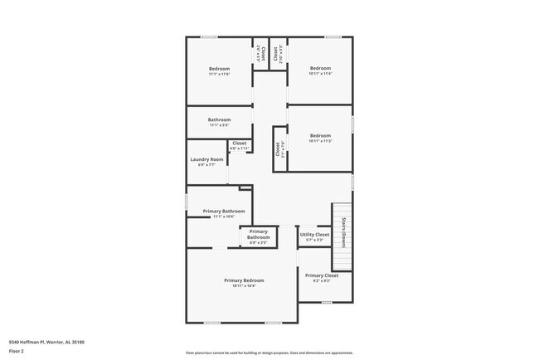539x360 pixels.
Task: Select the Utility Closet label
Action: point(315,235)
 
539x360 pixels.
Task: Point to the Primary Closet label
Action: point(321,275)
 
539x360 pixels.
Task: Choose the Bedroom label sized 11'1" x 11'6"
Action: point(219,68)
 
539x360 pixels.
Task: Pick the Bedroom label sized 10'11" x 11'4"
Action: point(320,68)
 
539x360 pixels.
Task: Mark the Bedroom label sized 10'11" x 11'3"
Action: point(320,135)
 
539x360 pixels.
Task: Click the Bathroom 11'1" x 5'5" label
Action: point(219,119)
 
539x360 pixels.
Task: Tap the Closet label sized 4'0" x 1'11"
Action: point(240,144)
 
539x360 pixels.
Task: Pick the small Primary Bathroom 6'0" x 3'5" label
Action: point(258,234)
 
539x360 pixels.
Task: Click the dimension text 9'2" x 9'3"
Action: point(321,281)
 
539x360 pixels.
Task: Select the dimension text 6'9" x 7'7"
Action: point(206,165)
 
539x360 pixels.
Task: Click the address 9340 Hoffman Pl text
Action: point(47,342)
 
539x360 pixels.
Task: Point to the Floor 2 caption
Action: point(17,352)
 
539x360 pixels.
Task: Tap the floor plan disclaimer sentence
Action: point(269,352)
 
